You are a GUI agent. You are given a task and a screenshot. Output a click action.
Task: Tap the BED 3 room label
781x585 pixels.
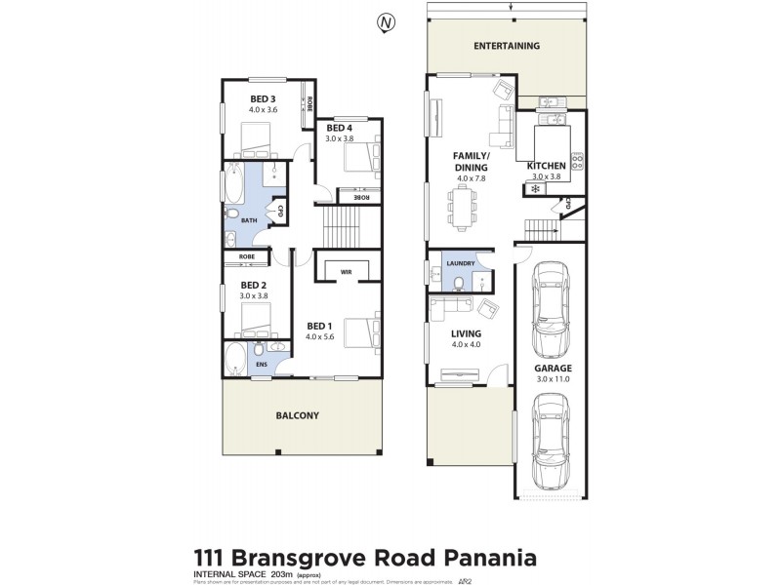coord(263,99)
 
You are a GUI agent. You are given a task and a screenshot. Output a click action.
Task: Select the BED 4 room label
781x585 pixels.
coord(339,128)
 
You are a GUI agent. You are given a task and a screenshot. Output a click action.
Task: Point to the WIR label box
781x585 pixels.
coord(346,272)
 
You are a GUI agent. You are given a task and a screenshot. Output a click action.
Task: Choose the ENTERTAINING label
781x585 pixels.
coord(507,46)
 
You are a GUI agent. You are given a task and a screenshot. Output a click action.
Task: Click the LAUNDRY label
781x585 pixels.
coord(460,263)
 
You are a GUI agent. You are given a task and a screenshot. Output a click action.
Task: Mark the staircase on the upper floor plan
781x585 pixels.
coord(343,231)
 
